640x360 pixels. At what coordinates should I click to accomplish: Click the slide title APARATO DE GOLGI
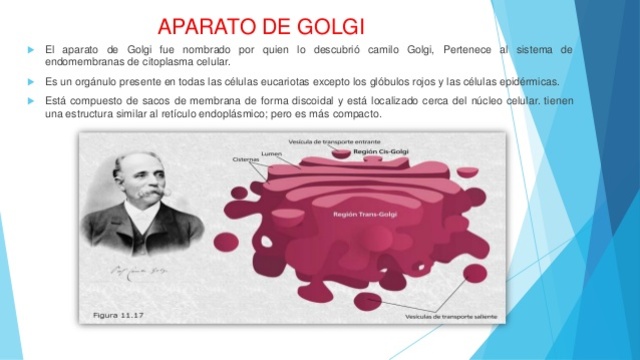(x=262, y=24)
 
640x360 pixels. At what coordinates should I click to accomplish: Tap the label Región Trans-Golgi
(x=359, y=213)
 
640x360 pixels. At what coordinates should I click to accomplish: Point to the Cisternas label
(x=247, y=161)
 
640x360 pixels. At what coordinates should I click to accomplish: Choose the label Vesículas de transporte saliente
(x=446, y=317)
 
